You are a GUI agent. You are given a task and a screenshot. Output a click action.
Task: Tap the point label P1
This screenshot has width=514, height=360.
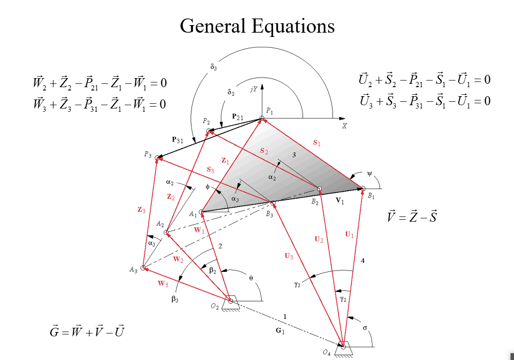coord(269,111)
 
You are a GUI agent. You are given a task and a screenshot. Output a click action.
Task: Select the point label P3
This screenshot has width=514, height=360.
coord(148,155)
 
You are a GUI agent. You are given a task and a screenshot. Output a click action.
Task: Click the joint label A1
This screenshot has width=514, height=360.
coord(193,214)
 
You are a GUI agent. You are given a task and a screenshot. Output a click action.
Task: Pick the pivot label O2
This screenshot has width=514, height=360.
coord(215,306)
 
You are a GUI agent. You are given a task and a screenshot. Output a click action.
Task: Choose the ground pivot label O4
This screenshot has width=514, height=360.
coord(327,353)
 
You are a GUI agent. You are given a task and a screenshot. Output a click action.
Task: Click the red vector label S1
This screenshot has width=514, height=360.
coord(317,142)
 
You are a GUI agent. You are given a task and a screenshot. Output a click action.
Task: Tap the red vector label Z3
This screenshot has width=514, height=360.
coord(142,210)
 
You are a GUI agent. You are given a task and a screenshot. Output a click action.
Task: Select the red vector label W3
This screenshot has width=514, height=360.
coord(162,284)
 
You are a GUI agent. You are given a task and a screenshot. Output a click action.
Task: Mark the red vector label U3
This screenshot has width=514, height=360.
coord(289,256)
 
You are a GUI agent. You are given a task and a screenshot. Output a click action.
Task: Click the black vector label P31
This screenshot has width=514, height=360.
coord(177,140)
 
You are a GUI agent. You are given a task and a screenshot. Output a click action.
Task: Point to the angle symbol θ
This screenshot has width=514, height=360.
coord(251,279)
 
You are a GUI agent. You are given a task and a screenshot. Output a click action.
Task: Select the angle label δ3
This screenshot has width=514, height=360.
coord(213,67)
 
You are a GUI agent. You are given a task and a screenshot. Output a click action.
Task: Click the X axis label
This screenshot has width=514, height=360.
coord(344,126)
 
